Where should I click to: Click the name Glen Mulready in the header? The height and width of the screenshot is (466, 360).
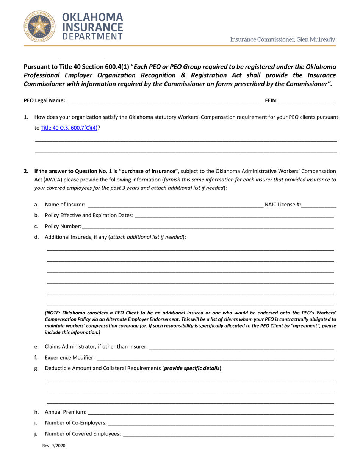click(317, 39)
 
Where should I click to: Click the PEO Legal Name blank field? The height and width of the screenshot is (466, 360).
click(163, 101)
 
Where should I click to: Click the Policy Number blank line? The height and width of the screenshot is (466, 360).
click(207, 226)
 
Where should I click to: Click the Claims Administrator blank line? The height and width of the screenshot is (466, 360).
click(241, 346)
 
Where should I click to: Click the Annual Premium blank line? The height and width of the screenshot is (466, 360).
click(210, 412)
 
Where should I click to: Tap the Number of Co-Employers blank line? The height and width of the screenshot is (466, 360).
click(221, 423)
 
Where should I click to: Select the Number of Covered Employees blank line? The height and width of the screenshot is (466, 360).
click(228, 434)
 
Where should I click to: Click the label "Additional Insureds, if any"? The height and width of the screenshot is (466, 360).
click(76, 237)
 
